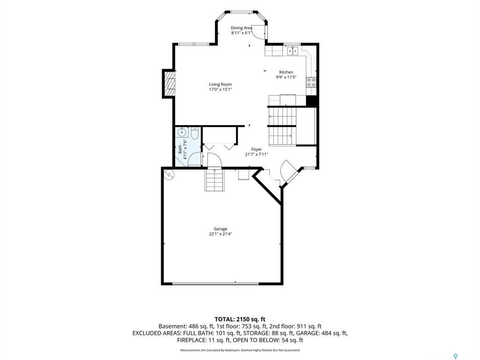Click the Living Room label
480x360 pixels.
(x=220, y=84)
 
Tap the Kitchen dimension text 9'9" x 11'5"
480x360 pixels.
(x=286, y=77)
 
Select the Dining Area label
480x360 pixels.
(x=241, y=28)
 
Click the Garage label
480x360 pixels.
(x=220, y=229)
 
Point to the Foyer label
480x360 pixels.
(x=256, y=150)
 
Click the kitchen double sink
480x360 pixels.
(x=292, y=51)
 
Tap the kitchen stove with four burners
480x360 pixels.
(x=311, y=82)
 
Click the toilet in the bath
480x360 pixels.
(x=195, y=134)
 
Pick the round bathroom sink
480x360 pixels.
(x=182, y=133)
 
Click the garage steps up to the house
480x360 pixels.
(x=215, y=180)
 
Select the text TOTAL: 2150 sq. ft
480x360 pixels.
(x=240, y=320)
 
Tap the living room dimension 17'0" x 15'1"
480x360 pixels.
(x=220, y=90)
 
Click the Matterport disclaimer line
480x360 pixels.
(x=240, y=350)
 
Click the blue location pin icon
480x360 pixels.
(x=456, y=356)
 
